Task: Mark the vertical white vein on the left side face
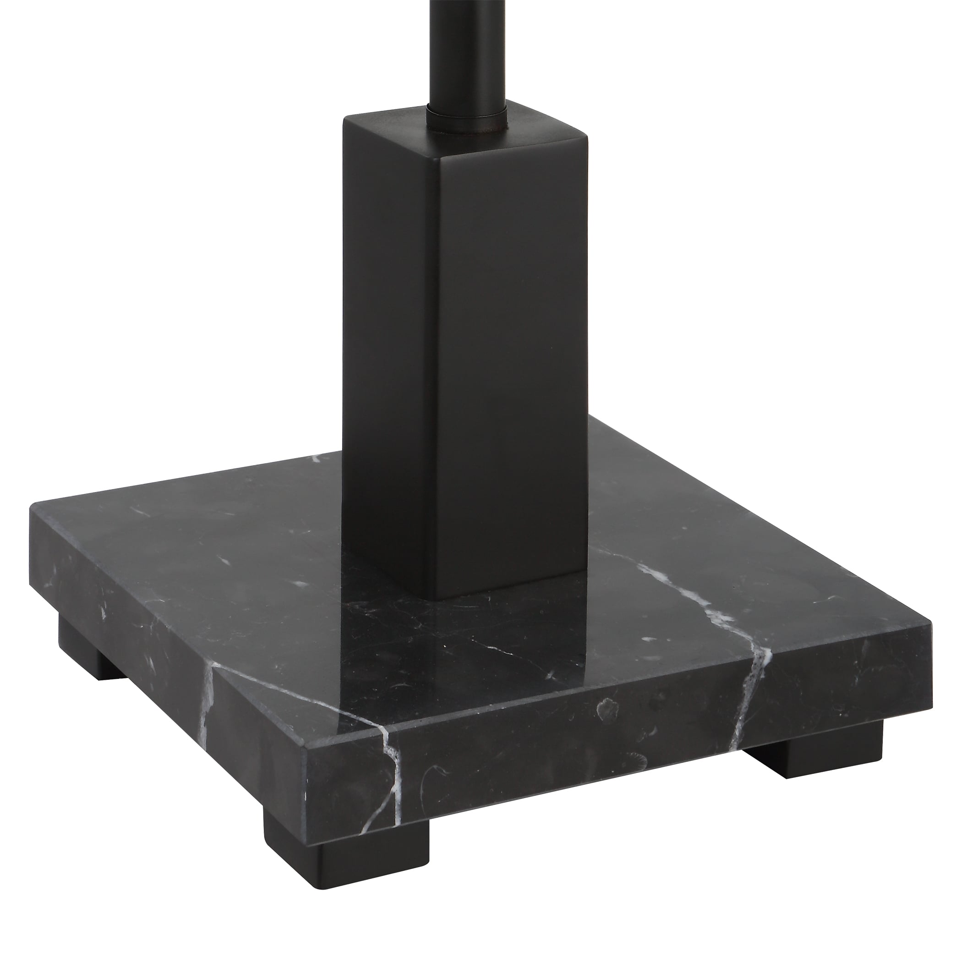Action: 207,697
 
